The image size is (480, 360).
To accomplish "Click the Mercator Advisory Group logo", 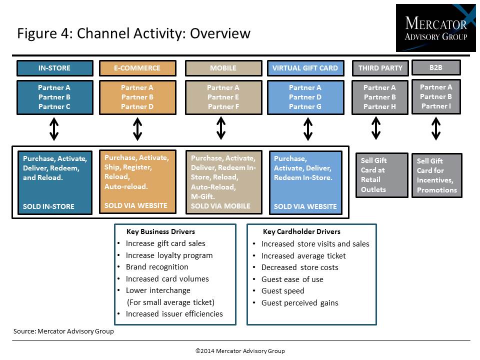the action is coord(435,28).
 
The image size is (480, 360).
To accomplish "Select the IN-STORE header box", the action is coord(55,68).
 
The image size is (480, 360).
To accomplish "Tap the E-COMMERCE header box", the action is coord(137,68).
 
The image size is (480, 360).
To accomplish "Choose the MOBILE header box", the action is coord(223,68).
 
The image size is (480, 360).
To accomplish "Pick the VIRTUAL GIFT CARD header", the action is coord(305,68).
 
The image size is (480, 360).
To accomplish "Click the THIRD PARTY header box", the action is coord(380,68).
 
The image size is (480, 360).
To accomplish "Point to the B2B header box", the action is coord(436,67).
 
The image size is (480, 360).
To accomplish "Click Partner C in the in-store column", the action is coord(54,106).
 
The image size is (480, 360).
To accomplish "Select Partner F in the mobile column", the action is coord(223,106).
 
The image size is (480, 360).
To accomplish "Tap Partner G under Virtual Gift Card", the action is coord(305,106).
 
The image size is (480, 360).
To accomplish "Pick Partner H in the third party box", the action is coord(379,106).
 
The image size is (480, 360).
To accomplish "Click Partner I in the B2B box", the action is coord(436,106).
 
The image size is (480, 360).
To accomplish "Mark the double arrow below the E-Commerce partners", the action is coord(137,129).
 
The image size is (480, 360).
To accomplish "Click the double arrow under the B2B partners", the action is coord(436,129).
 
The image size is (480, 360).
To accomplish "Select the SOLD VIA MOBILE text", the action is coord(220,206).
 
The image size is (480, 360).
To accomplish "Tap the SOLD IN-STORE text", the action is coord(48,206).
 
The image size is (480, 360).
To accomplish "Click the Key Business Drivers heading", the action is coord(160,231).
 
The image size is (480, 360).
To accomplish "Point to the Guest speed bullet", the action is coord(283,291).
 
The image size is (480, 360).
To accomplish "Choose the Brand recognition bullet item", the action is coord(157,267).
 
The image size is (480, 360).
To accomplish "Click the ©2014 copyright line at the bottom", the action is coord(240,351).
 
